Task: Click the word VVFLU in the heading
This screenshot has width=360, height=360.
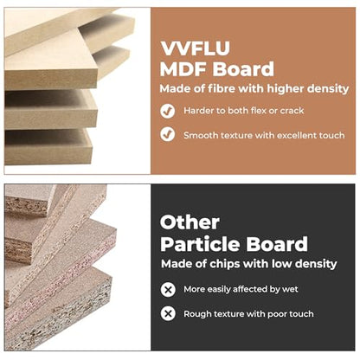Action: click(195, 48)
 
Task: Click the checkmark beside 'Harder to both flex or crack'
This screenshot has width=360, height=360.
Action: click(168, 111)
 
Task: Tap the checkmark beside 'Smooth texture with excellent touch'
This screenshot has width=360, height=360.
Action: click(168, 134)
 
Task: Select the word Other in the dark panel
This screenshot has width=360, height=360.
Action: click(190, 222)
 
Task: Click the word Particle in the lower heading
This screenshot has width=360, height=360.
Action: click(200, 244)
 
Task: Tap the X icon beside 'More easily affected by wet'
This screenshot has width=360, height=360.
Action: click(168, 289)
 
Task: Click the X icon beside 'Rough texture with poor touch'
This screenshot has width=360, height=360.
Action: click(168, 313)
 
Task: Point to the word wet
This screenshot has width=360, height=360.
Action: click(290, 289)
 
